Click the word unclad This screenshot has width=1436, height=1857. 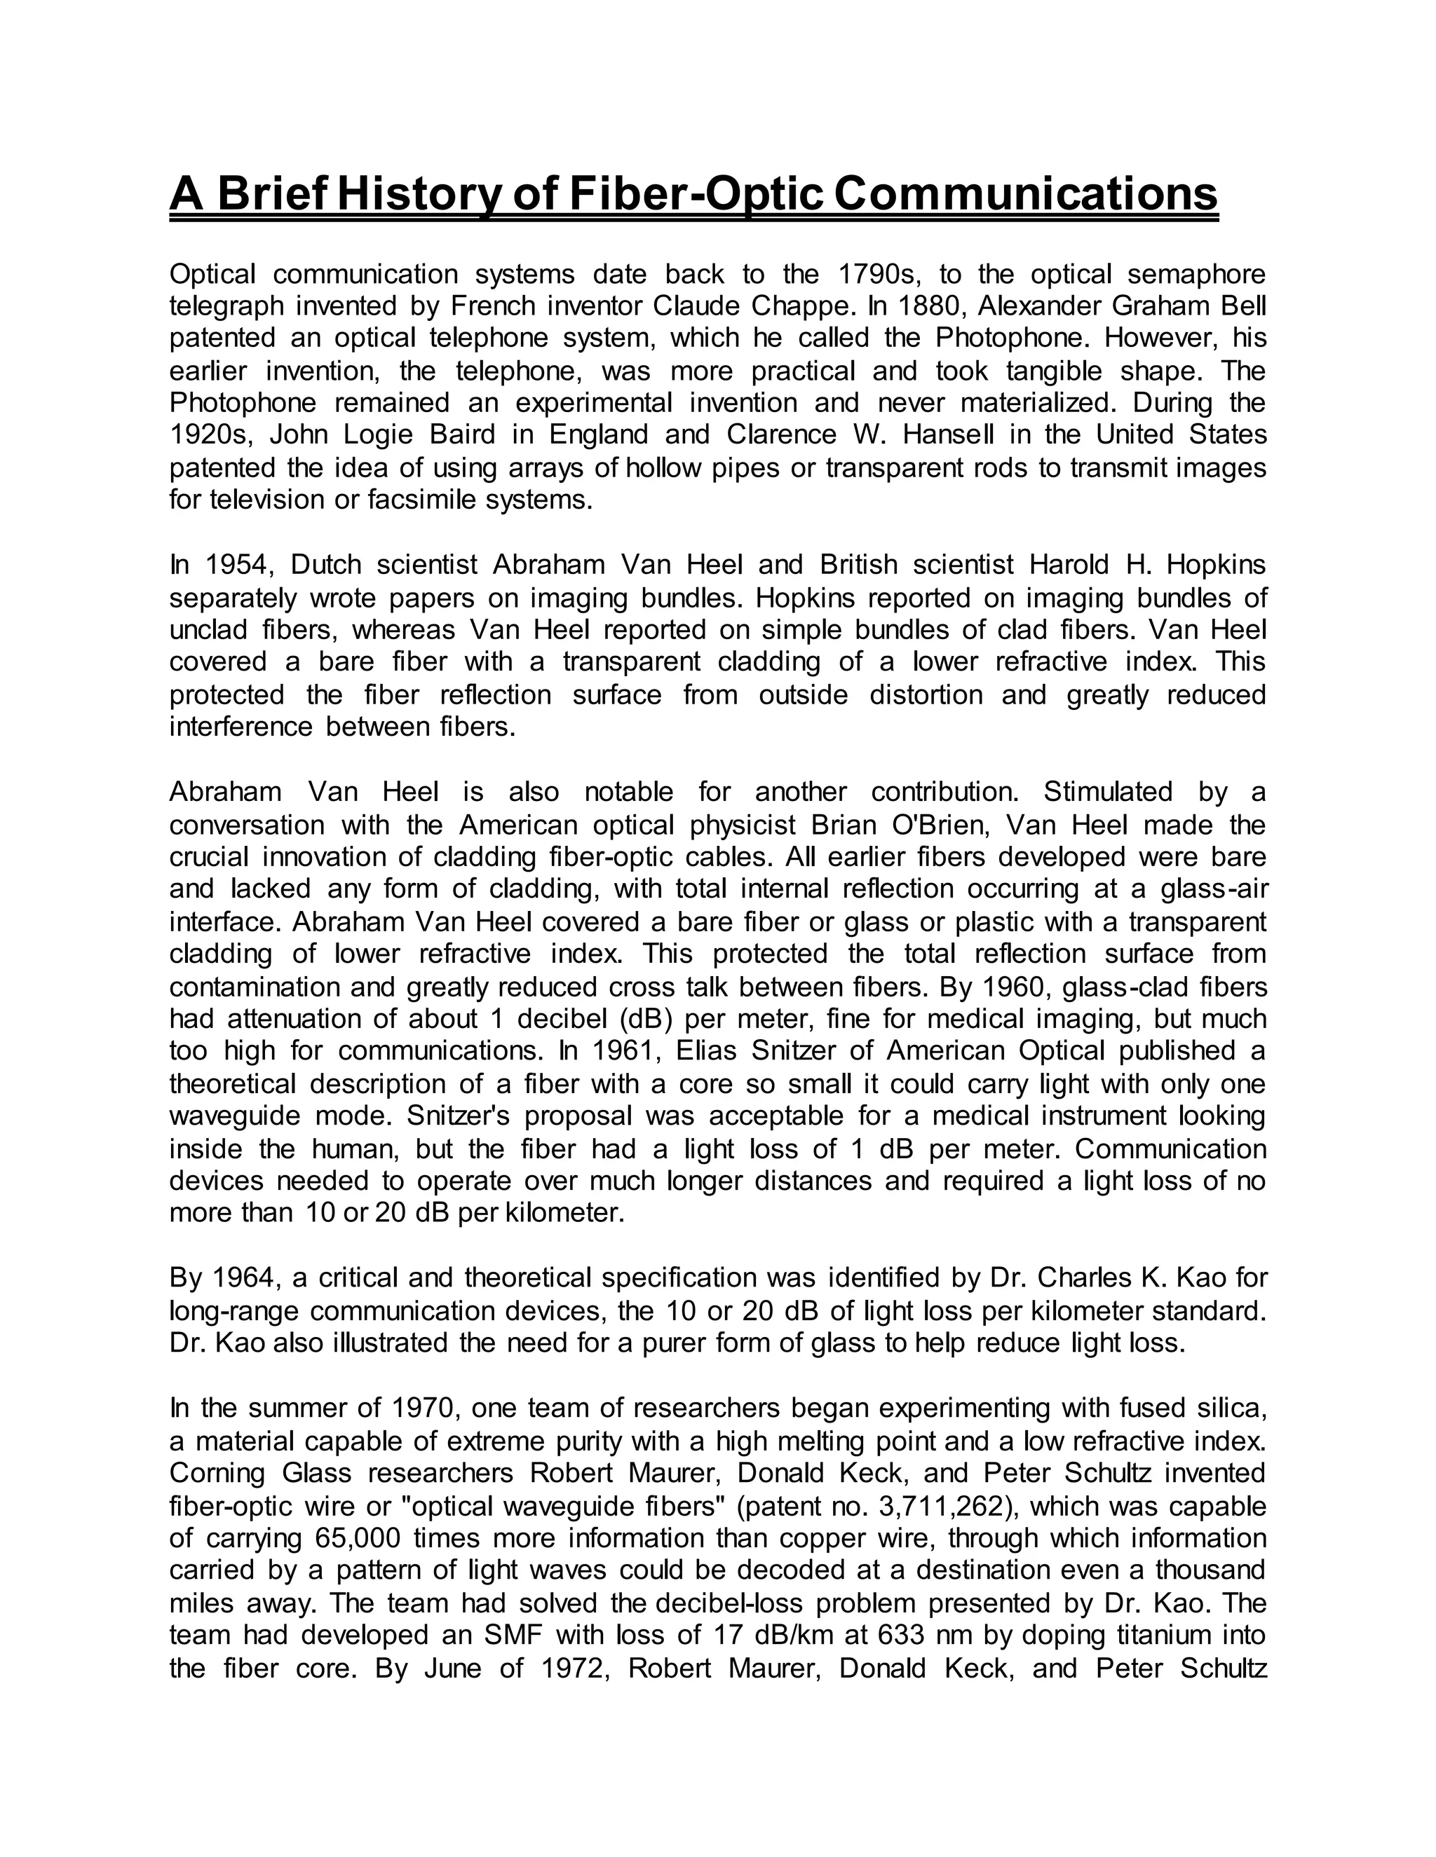208,630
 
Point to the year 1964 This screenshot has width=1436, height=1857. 245,1278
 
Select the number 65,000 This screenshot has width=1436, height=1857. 358,1538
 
